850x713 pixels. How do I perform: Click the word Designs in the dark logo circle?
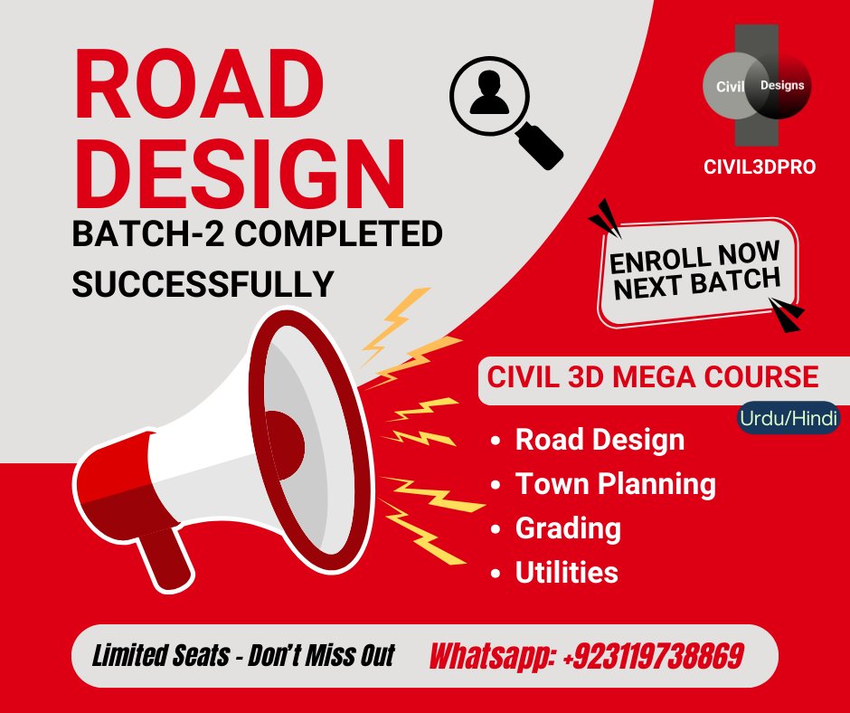(x=781, y=84)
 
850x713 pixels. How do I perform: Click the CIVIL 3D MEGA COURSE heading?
(x=653, y=376)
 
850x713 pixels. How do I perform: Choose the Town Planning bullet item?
(x=615, y=484)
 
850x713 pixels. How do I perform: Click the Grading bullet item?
(x=567, y=528)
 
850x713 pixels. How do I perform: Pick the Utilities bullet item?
(x=566, y=572)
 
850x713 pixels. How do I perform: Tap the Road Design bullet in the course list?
(x=600, y=441)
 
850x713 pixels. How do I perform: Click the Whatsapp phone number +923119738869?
(x=586, y=655)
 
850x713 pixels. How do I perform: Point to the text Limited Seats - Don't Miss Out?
(x=243, y=655)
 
